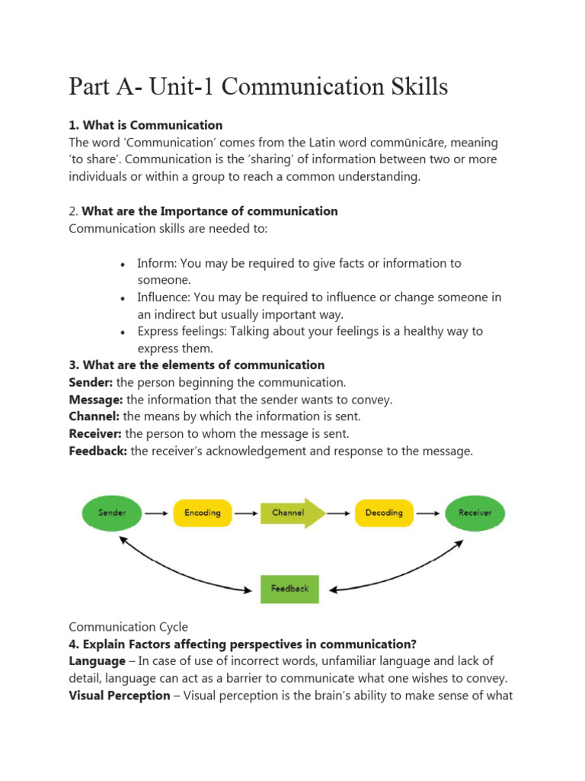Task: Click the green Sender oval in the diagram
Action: (x=113, y=513)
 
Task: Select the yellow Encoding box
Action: (x=202, y=513)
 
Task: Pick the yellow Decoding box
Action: (x=384, y=513)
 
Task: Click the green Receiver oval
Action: (x=475, y=513)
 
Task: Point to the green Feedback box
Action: (x=289, y=588)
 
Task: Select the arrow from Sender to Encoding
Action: (x=156, y=513)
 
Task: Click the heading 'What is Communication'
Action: (x=152, y=125)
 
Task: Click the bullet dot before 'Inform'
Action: (x=123, y=264)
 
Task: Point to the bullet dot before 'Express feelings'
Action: (x=123, y=333)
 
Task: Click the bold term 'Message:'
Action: (x=96, y=400)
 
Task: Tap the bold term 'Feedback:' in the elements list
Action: (x=98, y=451)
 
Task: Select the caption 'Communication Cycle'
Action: (x=128, y=627)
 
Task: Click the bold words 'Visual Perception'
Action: (x=120, y=695)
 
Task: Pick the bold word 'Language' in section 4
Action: (x=97, y=660)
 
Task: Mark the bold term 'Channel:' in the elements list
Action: (x=94, y=416)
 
